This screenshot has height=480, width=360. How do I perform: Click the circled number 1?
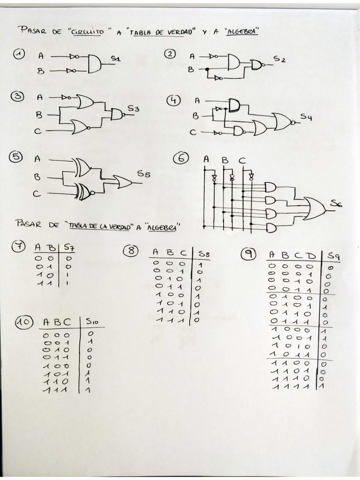(x=19, y=55)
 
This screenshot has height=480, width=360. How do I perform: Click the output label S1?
(x=115, y=59)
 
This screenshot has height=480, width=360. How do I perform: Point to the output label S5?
(x=143, y=174)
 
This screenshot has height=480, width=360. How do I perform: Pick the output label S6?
(x=336, y=203)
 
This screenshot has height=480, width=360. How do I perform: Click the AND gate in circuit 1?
(x=94, y=64)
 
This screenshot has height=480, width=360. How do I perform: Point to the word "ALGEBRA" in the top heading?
(x=242, y=32)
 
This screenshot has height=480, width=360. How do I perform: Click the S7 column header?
(x=69, y=247)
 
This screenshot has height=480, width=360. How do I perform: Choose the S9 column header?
(x=333, y=255)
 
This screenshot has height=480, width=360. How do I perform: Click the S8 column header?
(x=203, y=254)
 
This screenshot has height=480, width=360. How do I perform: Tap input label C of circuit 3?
(x=40, y=132)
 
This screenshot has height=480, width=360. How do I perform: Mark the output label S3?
(x=133, y=109)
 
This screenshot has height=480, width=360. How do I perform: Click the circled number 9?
(x=247, y=254)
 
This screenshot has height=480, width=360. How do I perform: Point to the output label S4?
(x=306, y=117)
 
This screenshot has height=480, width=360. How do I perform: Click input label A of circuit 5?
(x=37, y=159)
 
